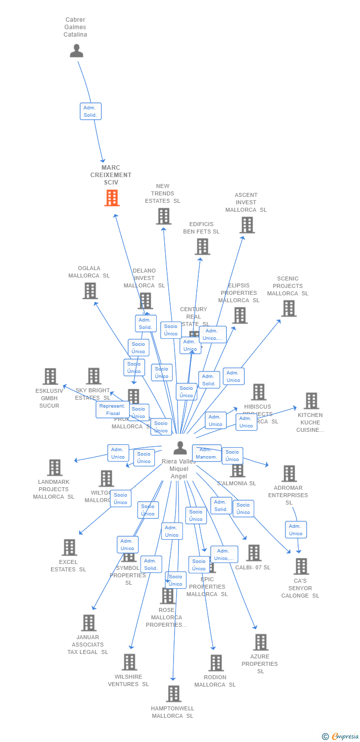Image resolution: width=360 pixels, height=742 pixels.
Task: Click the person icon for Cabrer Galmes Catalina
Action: pos(76,50)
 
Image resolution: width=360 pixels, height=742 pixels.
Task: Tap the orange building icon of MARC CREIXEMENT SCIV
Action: pos(112,198)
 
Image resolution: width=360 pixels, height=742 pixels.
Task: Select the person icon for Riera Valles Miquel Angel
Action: pos(180,448)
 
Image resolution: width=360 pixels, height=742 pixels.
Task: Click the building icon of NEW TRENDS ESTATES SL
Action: pos(164,216)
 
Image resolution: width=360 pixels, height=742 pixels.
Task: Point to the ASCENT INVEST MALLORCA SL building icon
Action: pos(247,225)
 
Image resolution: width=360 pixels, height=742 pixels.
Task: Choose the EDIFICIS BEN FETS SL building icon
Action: pos(202,246)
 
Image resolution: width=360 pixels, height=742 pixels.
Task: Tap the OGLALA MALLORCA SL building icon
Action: pos(90,291)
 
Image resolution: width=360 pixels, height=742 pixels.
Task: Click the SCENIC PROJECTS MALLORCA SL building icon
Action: pos(289,308)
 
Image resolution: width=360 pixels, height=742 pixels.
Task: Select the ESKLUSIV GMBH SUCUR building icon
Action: pos(50,376)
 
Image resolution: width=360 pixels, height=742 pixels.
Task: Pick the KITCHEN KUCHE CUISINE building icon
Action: pos(311,401)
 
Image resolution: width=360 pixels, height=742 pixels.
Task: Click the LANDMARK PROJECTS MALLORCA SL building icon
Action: pos(54,467)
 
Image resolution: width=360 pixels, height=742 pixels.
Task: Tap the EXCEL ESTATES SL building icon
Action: pos(69,547)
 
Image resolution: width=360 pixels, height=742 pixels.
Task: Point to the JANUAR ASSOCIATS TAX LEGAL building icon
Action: pos(89,623)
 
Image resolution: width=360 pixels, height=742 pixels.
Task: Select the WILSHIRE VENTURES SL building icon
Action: pos(129,662)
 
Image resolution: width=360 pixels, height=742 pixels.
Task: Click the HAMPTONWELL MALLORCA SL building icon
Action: pos(173,694)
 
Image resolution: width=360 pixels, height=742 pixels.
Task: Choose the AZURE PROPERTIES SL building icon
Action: pos(261,642)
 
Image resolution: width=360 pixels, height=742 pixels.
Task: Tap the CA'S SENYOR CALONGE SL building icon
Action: pos(301,566)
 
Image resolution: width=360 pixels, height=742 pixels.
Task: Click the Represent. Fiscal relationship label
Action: pos(113,410)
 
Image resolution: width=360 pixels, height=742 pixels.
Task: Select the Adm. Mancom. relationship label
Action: pos(207,453)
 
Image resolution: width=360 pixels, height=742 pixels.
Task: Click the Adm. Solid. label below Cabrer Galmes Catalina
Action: pos(90,111)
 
